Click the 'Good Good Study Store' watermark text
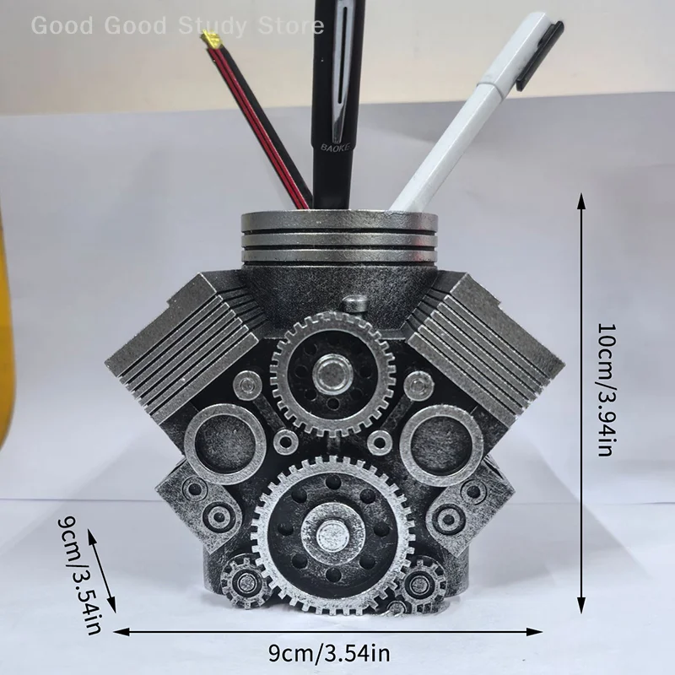pos(177,25)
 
